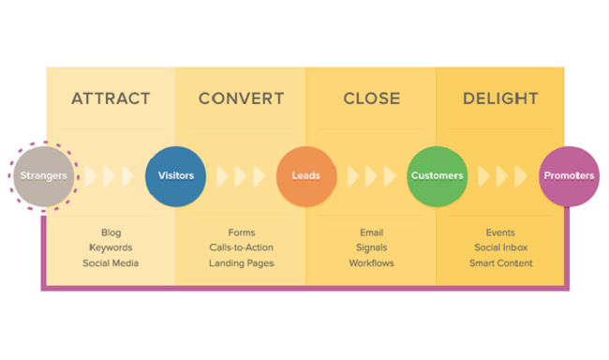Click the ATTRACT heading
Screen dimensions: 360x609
111,98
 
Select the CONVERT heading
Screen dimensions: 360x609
241,98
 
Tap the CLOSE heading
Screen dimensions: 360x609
371,98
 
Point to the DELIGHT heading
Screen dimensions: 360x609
500,98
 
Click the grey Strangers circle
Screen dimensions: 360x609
43,175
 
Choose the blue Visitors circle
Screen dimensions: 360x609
175,175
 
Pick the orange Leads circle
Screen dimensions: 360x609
305,175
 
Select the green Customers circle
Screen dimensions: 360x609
437,175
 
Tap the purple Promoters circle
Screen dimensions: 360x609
569,175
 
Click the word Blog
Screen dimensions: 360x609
111,232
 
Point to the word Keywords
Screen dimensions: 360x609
111,247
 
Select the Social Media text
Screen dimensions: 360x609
111,263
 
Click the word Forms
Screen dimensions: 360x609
241,232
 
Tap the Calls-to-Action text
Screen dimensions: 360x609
241,247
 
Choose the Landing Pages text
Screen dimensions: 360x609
241,263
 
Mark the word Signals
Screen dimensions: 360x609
371,247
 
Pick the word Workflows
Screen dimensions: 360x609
371,263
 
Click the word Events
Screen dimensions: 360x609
500,232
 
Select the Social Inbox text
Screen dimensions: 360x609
500,247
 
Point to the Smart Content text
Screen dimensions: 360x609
500,263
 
